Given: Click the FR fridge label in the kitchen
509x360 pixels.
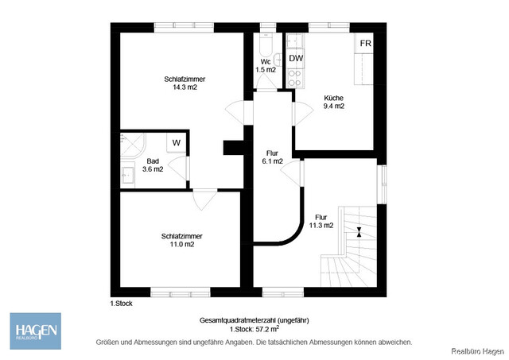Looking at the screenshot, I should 365,43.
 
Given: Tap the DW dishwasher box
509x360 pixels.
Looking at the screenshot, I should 296,58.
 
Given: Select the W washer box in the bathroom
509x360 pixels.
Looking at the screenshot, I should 177,143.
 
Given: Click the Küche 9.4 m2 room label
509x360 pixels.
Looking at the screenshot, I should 334,102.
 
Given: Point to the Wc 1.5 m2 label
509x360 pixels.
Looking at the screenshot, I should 266,66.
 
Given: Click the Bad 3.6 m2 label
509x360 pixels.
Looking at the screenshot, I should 153,165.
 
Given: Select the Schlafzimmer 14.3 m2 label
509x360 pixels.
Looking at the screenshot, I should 181,83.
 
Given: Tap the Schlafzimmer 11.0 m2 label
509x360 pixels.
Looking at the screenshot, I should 181,240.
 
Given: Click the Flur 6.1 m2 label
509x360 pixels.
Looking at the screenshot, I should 273,157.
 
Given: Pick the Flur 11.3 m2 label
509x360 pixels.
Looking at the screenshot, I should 321,221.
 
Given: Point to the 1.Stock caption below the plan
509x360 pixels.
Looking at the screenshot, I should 121,304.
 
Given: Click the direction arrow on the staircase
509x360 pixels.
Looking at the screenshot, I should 359,232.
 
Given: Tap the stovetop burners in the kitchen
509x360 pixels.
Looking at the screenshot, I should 294,78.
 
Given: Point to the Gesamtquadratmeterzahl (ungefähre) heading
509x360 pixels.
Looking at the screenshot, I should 254,320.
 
